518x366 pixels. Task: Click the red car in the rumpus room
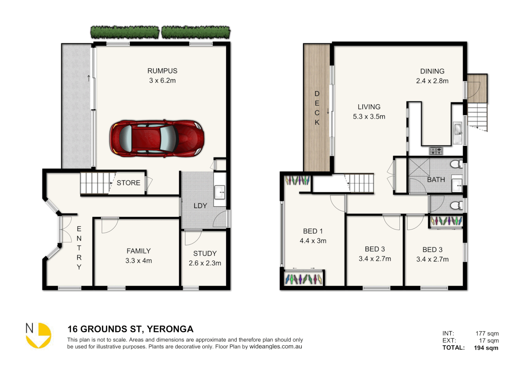157,138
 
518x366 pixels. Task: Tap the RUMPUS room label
162,71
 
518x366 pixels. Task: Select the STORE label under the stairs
128,183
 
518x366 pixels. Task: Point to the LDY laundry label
200,206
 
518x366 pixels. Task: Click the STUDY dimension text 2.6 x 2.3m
205,263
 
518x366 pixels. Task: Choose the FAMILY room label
138,251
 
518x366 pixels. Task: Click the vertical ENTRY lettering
79,248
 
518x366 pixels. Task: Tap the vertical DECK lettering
317,108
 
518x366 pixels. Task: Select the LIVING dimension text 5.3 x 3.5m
369,117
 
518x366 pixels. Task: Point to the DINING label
432,71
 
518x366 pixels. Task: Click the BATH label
436,180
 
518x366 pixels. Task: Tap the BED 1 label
313,231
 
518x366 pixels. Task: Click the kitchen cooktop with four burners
436,151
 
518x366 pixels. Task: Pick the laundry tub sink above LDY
220,192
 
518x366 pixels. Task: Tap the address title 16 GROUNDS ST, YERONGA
131,329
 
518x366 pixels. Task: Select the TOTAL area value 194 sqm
486,348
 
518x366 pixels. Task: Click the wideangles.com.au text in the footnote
276,347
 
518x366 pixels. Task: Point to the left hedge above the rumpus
125,33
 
